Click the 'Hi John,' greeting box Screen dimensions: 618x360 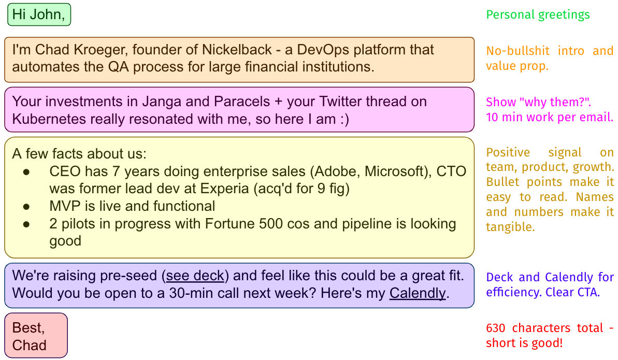coord(39,15)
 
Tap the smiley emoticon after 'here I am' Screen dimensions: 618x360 coord(344,119)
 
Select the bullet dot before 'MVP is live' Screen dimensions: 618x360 coord(26,206)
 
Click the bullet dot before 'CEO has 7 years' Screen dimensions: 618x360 coord(26,171)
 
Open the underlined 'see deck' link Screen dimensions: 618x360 coord(195,276)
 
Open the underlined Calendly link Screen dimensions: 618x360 coord(418,293)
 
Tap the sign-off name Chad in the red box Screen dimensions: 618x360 coord(29,345)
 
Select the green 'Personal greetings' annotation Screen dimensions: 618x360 coord(538,15)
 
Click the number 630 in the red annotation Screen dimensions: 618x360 coord(495,328)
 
